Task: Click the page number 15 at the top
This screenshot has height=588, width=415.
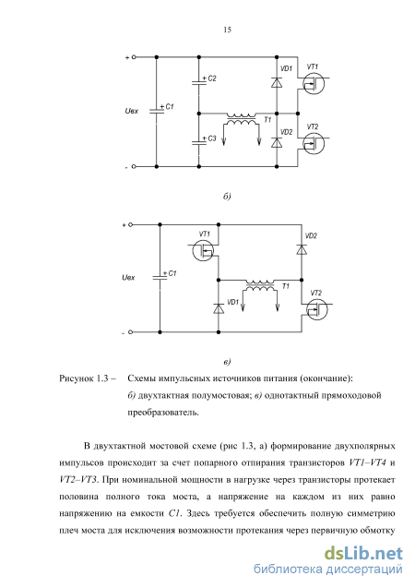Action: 227,30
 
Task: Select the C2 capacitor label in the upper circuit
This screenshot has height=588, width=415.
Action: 212,78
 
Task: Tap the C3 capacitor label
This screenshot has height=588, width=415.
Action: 212,138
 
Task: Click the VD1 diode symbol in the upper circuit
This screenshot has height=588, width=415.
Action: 277,82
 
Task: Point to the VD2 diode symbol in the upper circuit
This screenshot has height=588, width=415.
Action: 277,143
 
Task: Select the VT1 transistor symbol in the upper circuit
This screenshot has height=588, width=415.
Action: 314,84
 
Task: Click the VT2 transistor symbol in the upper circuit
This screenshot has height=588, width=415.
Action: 314,144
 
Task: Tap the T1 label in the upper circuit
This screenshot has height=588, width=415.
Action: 267,120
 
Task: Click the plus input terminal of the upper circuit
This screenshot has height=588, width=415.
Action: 134,57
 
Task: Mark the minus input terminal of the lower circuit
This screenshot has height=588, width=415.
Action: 130,332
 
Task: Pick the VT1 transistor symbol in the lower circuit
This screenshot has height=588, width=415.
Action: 203,250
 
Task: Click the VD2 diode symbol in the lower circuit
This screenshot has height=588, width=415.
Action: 302,250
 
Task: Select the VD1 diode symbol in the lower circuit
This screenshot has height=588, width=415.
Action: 219,308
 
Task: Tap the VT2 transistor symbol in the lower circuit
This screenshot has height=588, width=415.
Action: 316,309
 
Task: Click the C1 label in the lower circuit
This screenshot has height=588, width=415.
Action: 172,273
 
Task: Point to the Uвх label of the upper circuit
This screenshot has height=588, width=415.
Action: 132,111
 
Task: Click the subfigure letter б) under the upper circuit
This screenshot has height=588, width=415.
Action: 227,197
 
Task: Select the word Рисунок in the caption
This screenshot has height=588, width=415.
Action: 76,378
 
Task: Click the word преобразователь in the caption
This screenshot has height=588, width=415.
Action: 163,413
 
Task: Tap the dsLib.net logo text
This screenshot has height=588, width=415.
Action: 363,554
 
